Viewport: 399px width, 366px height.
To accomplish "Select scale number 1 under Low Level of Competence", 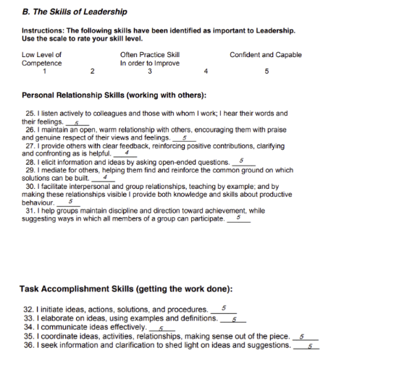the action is coord(44,71).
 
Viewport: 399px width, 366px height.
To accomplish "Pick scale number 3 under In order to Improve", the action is coord(149,71).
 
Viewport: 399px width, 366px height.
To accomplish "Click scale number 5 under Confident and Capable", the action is coord(266,71).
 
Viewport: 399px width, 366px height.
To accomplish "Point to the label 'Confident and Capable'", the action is coord(265,54).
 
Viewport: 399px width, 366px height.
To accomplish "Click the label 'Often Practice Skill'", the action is coord(150,54).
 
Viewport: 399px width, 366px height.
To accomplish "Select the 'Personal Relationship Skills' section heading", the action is coord(114,95).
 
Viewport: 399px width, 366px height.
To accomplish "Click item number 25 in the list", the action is coord(30,114).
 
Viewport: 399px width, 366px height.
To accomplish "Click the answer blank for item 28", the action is coord(242,161).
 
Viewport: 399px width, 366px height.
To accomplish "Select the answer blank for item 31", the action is coord(238,218).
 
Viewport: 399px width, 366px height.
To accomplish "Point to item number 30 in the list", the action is coord(30,186).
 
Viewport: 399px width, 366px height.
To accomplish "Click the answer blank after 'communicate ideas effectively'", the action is coord(161,328).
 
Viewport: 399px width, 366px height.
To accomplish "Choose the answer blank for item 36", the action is coord(306,346).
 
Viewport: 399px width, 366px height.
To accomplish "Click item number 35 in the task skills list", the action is coord(30,336).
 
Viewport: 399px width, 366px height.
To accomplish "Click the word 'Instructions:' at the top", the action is coord(43,30).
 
